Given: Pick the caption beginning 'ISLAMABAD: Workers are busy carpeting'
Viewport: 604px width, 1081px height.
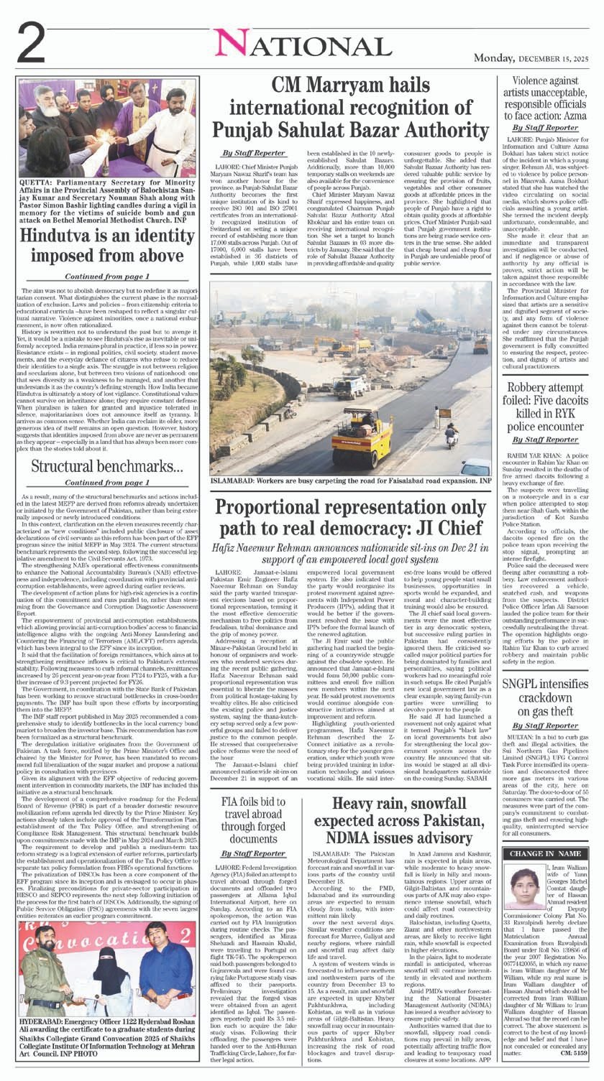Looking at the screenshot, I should [350, 481].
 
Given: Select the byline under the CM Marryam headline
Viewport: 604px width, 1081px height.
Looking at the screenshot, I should [253, 153].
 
